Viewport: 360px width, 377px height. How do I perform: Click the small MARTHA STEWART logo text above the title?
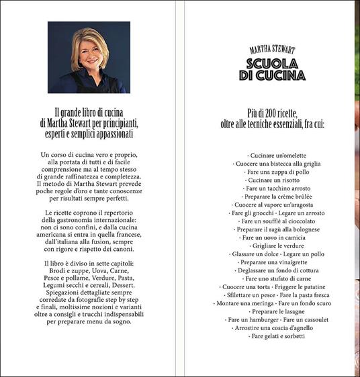click(272, 50)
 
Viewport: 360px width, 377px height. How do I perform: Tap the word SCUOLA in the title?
click(272, 64)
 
